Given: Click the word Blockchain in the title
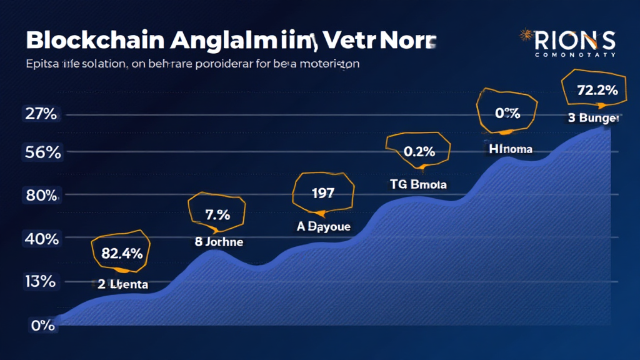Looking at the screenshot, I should [x=88, y=41].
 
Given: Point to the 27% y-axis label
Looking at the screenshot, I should [x=41, y=114].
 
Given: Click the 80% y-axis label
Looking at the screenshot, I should [x=41, y=195].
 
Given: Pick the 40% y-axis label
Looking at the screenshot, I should [x=41, y=238].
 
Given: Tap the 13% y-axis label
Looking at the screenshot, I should [x=41, y=281].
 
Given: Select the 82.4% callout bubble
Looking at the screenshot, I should [x=121, y=252].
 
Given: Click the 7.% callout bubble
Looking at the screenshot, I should [x=217, y=214].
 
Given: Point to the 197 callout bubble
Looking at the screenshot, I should [x=322, y=192].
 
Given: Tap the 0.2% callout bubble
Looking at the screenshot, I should [x=418, y=151].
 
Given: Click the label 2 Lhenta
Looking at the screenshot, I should [x=122, y=284].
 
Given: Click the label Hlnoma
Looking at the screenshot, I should [x=511, y=149].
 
